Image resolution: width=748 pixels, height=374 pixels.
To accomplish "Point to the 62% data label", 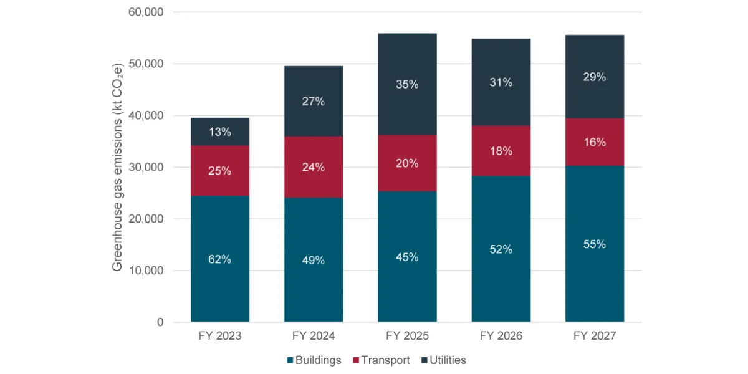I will tap(220, 259).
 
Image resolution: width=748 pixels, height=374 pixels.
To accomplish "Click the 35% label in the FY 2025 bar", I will tap(407, 84).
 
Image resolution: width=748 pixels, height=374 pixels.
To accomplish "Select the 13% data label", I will tap(220, 132).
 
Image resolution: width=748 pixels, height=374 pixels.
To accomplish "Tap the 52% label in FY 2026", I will tap(501, 249).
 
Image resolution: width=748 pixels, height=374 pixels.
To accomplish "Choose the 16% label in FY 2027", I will tap(595, 142).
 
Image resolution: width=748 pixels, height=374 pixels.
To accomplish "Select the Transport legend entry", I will tap(381, 360).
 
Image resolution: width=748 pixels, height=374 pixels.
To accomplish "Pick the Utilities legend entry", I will tap(443, 360).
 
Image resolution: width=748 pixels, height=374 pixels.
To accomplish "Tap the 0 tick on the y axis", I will tap(160, 322).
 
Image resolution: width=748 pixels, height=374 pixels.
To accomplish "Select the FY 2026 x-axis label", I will tap(501, 336).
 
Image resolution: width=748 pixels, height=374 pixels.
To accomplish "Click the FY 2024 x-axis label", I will tap(314, 336).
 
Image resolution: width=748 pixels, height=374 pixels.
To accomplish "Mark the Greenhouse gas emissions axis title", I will tap(117, 167).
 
